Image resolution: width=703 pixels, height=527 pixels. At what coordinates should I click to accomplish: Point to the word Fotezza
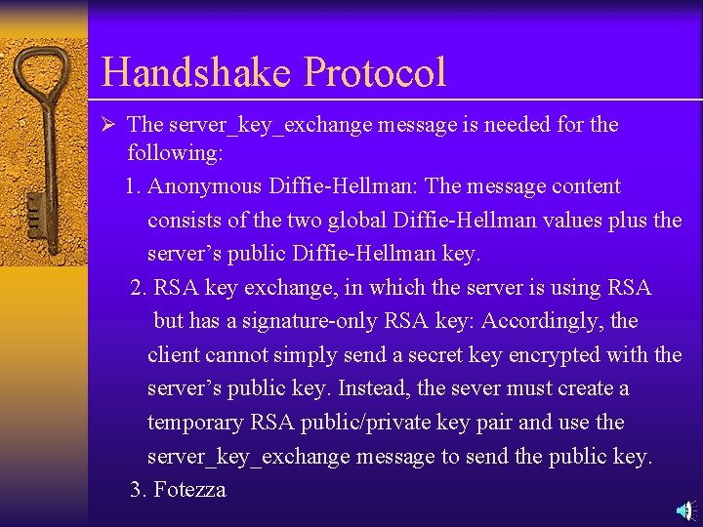click(189, 490)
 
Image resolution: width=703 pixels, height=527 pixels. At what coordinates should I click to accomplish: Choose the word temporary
click(194, 423)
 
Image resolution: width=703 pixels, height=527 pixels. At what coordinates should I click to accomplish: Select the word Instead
click(374, 388)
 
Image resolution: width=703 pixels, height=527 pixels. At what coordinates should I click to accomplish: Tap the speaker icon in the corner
click(685, 509)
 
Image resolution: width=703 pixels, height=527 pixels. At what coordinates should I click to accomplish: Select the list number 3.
click(138, 490)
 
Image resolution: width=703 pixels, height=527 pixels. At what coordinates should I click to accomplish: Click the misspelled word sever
click(477, 388)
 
